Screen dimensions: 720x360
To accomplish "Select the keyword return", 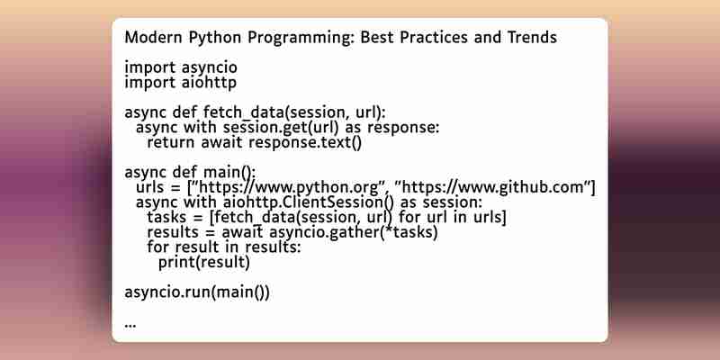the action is (x=171, y=142).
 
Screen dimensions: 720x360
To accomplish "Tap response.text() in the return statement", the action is (x=305, y=143).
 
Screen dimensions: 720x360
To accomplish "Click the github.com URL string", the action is (x=492, y=188).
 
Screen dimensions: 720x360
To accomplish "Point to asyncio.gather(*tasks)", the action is (x=354, y=232).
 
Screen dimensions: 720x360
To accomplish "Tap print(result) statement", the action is (x=204, y=263).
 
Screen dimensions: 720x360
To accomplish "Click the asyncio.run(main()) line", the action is (x=197, y=292).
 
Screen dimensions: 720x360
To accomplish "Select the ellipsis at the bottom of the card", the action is (x=130, y=326).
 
